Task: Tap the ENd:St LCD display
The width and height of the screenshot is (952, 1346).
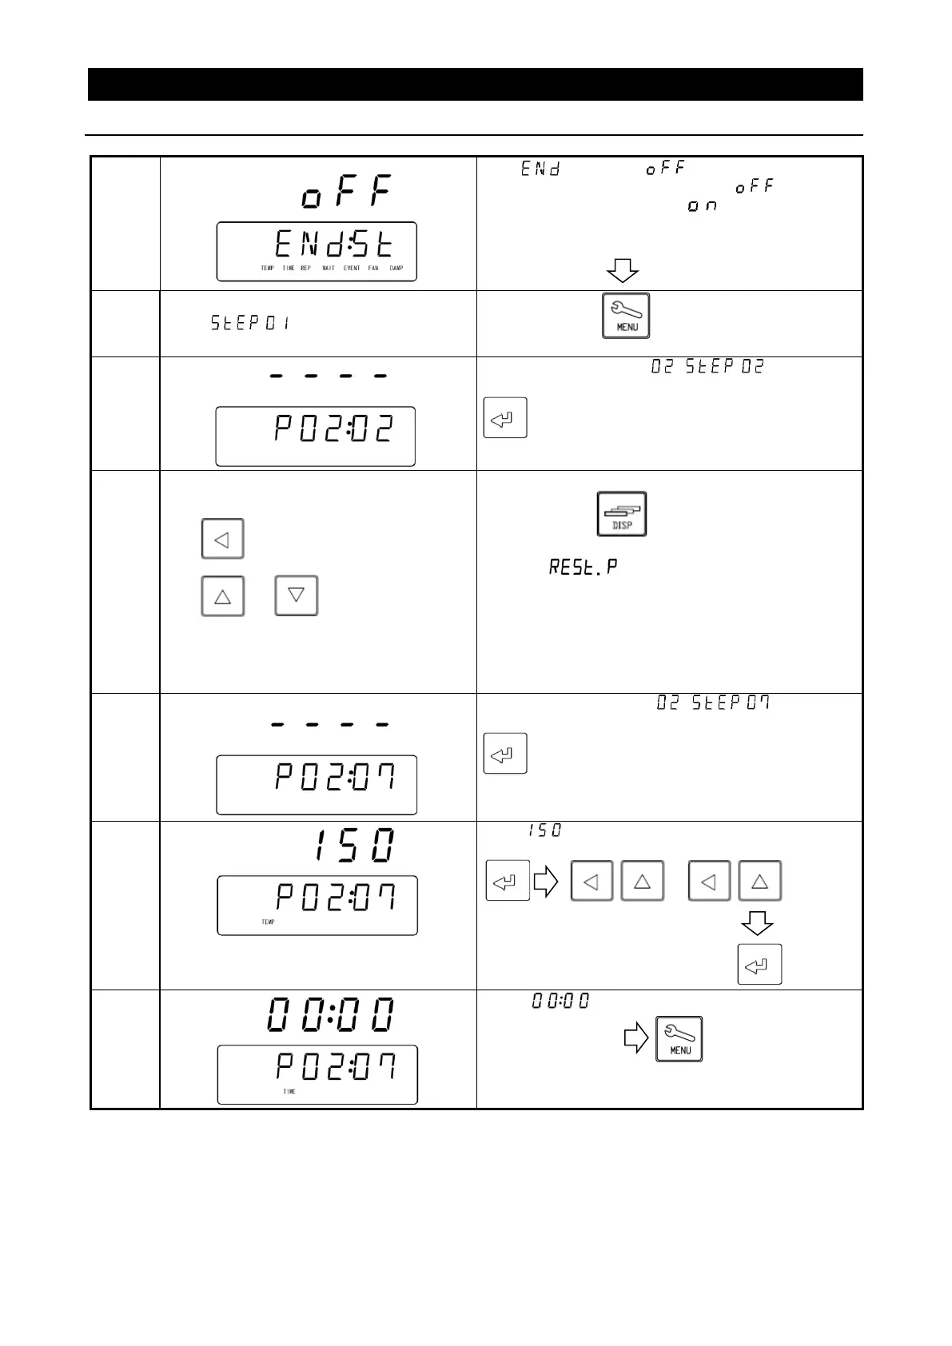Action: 317,251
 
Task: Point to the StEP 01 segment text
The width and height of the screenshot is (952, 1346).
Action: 249,323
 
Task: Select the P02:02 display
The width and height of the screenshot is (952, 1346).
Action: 316,436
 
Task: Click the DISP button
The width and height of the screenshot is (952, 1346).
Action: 621,514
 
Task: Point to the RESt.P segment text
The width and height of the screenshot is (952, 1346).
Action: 583,567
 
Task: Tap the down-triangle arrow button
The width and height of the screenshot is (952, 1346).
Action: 296,595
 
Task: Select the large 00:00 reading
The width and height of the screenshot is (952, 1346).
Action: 330,1015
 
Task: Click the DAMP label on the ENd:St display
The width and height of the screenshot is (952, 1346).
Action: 396,269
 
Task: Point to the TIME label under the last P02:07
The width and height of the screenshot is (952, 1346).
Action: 289,1092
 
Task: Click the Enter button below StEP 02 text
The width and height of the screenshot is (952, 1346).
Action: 505,417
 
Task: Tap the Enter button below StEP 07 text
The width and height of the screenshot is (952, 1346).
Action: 505,754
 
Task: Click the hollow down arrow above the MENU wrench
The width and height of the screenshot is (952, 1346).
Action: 622,271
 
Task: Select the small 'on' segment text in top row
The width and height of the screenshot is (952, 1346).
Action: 703,206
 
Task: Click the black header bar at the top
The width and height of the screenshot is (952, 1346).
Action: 475,85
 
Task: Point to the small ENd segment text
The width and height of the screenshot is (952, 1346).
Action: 541,169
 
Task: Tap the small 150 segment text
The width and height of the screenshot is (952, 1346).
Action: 544,831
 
